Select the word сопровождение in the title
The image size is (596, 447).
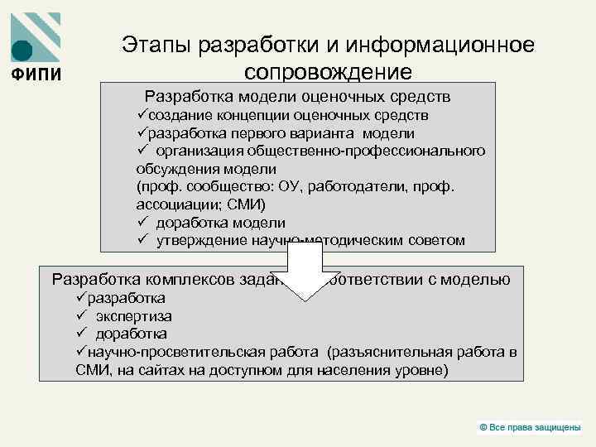click(328, 71)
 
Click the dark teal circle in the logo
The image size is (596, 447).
click(23, 50)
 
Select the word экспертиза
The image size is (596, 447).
click(134, 316)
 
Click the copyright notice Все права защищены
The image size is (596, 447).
click(535, 426)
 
